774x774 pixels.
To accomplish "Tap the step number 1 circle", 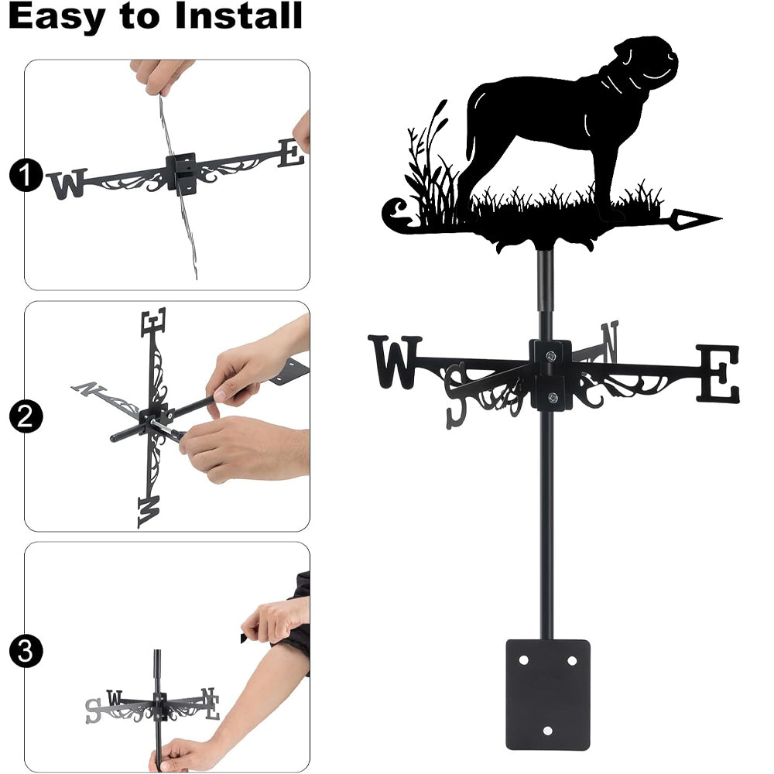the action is (x=26, y=174).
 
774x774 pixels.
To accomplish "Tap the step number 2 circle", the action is (x=26, y=416).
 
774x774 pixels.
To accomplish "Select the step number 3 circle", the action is (x=26, y=651).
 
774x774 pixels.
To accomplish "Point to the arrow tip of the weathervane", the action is (x=721, y=217).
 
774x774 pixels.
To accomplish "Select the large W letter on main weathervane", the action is (x=395, y=361).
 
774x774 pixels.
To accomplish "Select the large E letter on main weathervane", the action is (x=719, y=373).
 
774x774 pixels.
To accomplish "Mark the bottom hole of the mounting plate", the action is (x=547, y=731).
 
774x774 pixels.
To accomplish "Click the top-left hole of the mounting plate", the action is (x=524, y=660).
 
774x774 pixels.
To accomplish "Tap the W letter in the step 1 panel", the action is (x=67, y=183).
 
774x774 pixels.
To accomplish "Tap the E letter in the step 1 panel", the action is (x=291, y=152).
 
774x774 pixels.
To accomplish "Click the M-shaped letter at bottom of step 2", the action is (x=149, y=511).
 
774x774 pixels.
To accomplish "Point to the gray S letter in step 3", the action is (x=93, y=711).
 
